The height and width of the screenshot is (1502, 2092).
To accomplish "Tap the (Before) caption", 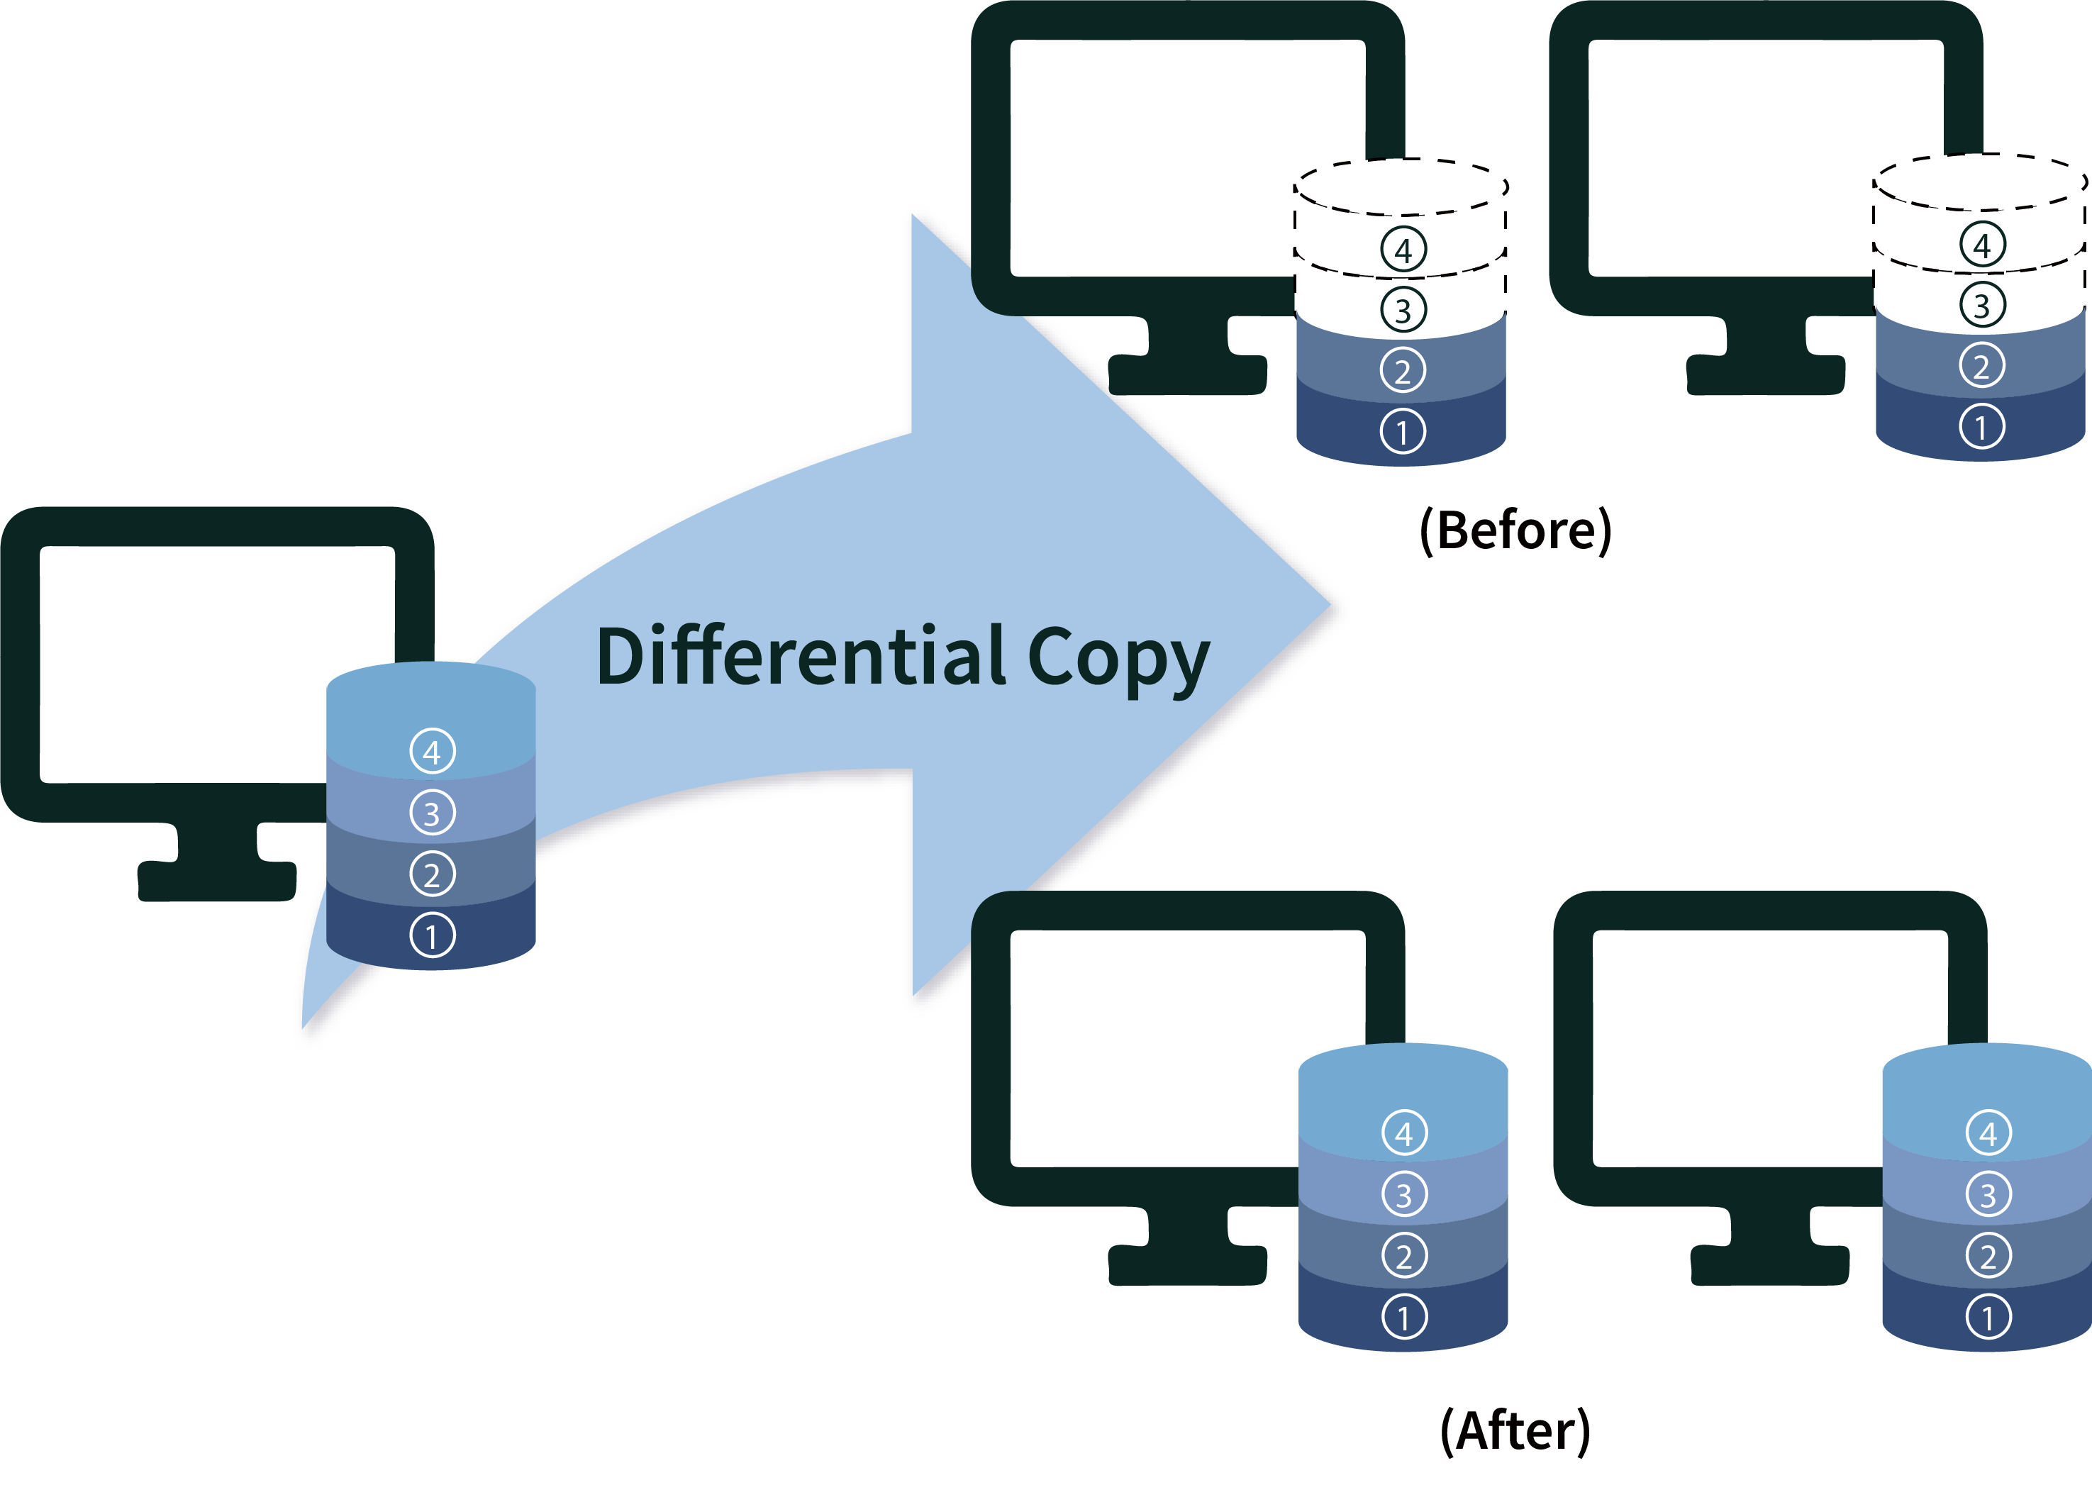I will tap(1515, 530).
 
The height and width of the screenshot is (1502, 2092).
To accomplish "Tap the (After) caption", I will tap(1515, 1430).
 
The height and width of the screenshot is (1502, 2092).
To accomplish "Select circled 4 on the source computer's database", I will tap(432, 752).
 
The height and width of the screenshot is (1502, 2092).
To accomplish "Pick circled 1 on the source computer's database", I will tap(432, 935).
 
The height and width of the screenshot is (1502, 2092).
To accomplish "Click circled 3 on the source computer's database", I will tap(432, 813).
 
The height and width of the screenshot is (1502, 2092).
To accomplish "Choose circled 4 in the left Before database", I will tap(1403, 249).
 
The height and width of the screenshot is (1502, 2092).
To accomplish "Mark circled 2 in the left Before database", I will tap(1403, 371).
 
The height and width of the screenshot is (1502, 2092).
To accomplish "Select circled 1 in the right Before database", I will tap(1981, 427).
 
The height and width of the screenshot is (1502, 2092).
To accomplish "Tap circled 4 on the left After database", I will tap(1404, 1133).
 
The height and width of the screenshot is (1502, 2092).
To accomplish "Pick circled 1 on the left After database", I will tap(1404, 1318).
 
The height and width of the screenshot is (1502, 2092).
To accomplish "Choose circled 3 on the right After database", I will tap(1988, 1195).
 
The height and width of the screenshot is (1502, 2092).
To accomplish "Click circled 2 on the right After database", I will tap(1988, 1256).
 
